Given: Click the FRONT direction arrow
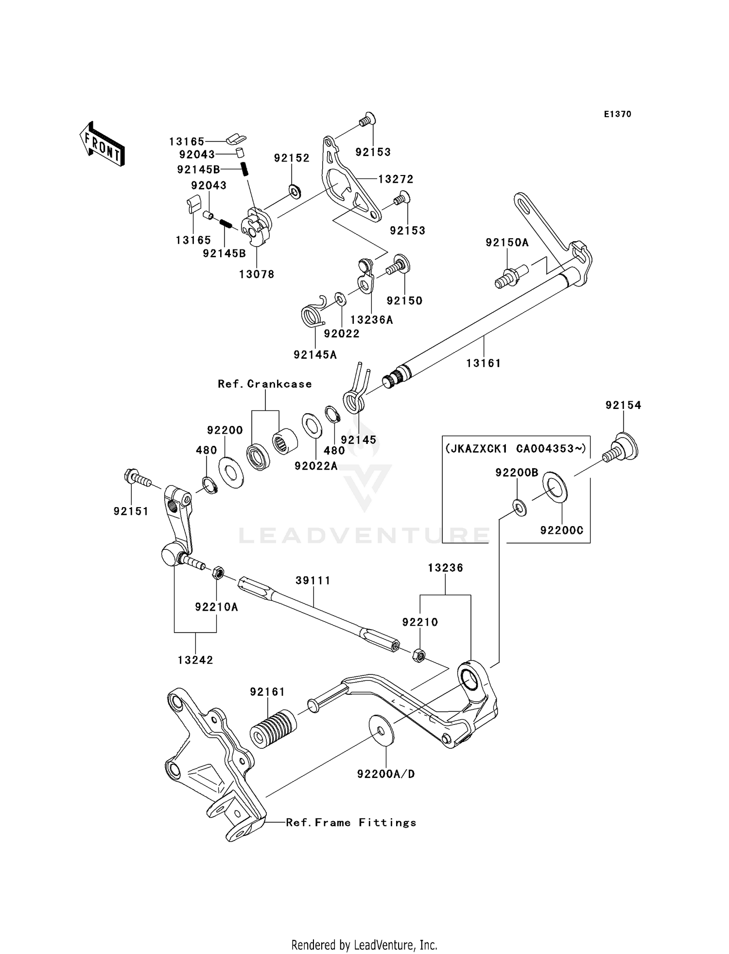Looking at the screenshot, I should pyautogui.click(x=102, y=144).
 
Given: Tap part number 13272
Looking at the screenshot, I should pyautogui.click(x=396, y=179).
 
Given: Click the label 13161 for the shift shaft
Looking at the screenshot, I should pyautogui.click(x=483, y=363).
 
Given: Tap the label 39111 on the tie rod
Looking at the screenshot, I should pyautogui.click(x=313, y=581).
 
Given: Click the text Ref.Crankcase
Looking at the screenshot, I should pyautogui.click(x=265, y=384).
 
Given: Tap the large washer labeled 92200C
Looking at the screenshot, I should pyautogui.click(x=555, y=486).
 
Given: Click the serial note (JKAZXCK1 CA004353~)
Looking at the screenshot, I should pyautogui.click(x=516, y=448).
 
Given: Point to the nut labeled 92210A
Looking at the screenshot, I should pyautogui.click(x=217, y=573).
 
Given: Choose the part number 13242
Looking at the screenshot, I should pyautogui.click(x=195, y=660).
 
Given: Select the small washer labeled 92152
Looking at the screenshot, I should pyautogui.click(x=294, y=192).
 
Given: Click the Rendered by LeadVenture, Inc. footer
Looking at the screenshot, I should pyautogui.click(x=364, y=945).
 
